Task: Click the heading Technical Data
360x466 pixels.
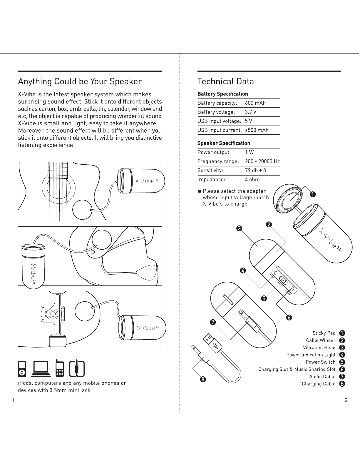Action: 226,81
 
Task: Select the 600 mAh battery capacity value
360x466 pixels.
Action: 255,103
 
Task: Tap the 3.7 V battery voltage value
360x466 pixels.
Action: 250,112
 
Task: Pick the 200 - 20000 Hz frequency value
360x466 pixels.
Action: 262,161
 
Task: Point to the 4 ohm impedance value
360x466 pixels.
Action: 252,180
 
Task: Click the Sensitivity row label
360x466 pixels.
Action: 210,170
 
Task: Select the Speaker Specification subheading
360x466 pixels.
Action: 224,143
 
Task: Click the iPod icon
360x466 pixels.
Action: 22,369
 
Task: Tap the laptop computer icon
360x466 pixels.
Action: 41,369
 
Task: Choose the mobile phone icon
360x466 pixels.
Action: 60,368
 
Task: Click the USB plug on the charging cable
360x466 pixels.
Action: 212,343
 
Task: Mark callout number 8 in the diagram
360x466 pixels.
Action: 203,379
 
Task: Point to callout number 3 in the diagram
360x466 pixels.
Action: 239,228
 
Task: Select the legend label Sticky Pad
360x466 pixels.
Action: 324,333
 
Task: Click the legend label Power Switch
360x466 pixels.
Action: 320,362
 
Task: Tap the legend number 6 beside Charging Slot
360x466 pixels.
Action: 342,369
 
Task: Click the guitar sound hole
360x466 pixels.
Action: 58,187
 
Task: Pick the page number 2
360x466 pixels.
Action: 346,400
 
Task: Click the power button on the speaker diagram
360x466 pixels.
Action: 283,280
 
